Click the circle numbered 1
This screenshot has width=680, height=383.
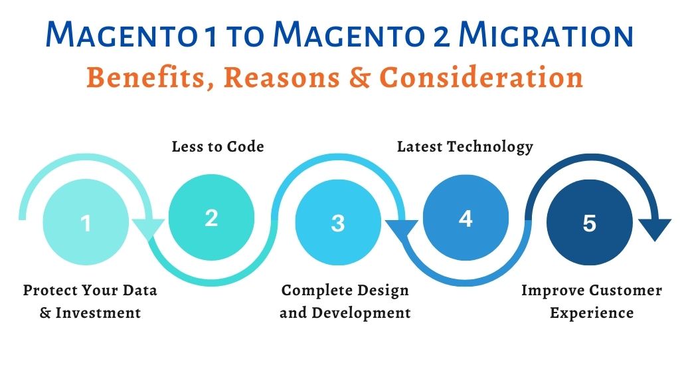tap(86, 222)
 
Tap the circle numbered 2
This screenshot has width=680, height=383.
tap(211, 217)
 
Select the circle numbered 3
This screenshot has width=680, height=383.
tap(338, 222)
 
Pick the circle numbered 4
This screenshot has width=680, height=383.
tap(466, 217)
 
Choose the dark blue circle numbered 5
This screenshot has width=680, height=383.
tap(590, 222)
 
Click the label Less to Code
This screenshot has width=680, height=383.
tap(218, 147)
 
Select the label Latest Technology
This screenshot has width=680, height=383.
tap(465, 147)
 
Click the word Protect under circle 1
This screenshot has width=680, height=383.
tap(50, 290)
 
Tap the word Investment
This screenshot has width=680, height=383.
tap(98, 313)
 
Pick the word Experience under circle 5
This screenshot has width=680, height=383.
tap(592, 313)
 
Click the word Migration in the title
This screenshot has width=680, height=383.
tap(547, 35)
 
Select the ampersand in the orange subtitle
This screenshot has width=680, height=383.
tap(360, 78)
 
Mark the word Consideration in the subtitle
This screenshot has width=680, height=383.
tap(481, 78)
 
